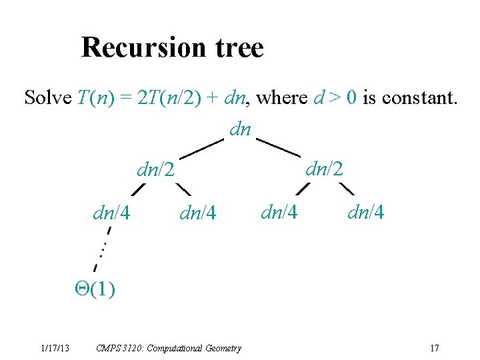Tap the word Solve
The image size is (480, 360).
(x=47, y=98)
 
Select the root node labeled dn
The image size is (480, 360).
(x=240, y=128)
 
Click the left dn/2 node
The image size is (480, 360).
(x=155, y=171)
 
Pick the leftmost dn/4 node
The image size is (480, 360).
(x=111, y=213)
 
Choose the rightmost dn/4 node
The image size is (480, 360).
(x=366, y=213)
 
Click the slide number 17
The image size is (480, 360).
(x=435, y=348)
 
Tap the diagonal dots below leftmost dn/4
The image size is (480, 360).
(x=103, y=250)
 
